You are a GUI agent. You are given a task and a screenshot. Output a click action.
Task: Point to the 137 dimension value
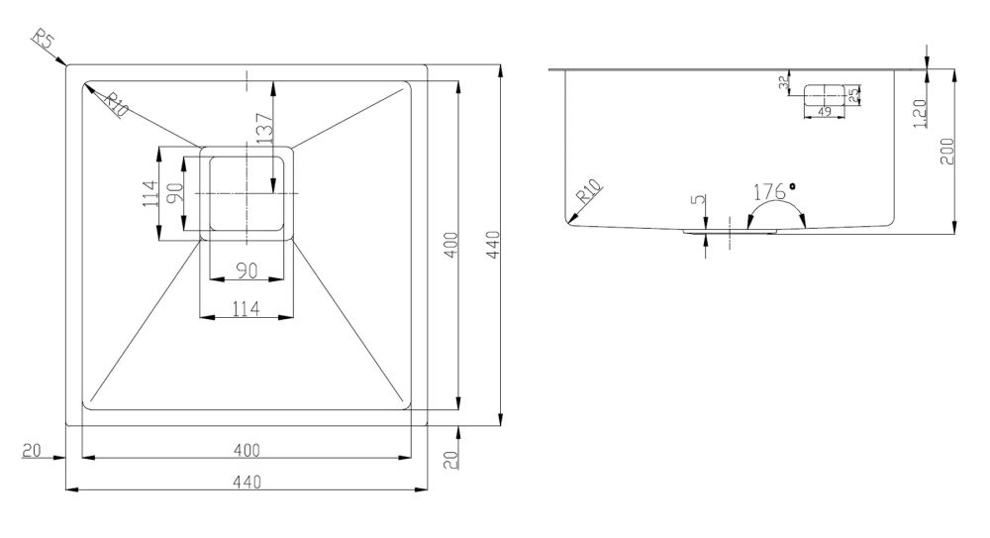click(265, 127)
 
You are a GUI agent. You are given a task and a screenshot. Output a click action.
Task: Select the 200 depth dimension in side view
click(947, 151)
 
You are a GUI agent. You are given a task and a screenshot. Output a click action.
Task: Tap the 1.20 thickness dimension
click(920, 114)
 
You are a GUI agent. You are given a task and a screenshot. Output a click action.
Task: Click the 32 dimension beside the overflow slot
click(783, 82)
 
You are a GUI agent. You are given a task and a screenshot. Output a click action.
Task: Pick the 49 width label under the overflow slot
click(824, 112)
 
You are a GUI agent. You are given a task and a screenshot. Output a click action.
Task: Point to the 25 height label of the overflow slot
click(854, 95)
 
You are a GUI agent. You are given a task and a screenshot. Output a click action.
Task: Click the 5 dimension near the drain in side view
click(698, 200)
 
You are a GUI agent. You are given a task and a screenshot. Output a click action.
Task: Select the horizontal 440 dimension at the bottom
click(247, 482)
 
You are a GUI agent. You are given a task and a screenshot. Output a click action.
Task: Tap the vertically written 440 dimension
click(493, 244)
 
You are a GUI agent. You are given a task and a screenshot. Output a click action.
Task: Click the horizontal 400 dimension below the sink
click(247, 450)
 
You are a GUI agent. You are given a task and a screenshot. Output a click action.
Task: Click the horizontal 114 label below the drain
click(247, 308)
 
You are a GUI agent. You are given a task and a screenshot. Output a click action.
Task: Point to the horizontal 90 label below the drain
click(247, 270)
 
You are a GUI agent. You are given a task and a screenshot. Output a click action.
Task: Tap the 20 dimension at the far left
click(31, 450)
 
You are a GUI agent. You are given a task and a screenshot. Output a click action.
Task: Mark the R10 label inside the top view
click(116, 104)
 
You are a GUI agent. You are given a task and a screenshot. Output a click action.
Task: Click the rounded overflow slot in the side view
click(824, 95)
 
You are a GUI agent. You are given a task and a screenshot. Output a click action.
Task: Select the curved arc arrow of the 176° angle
click(776, 202)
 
